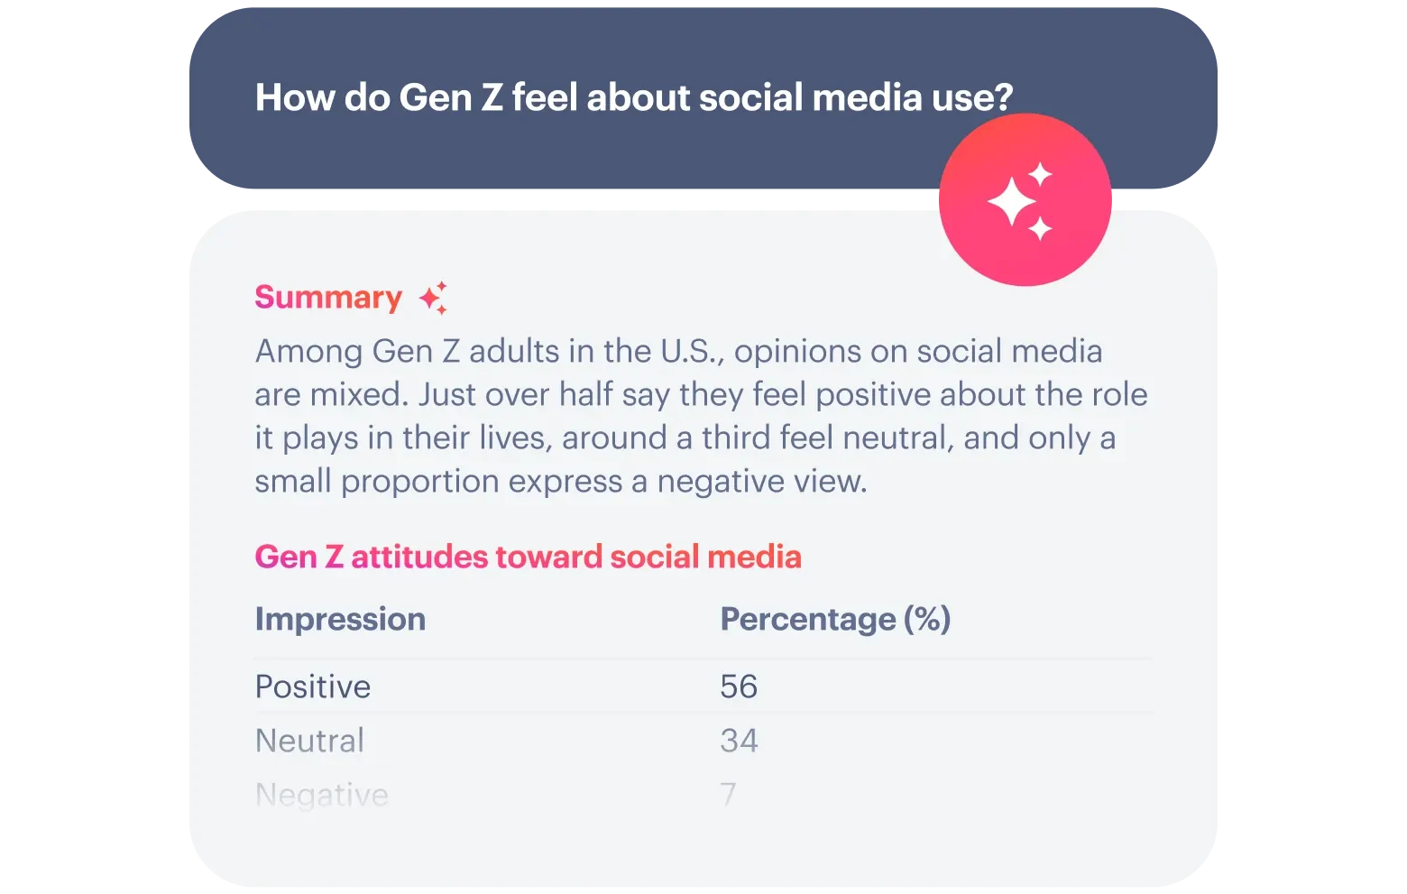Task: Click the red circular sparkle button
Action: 1025,199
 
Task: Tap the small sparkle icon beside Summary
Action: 434,298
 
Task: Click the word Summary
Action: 328,298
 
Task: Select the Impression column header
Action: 340,620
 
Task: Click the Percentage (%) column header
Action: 835,620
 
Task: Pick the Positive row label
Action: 313,686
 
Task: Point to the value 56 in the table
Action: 739,686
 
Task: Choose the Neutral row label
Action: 309,740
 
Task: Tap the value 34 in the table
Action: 740,740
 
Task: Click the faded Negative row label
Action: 322,796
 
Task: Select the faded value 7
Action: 728,795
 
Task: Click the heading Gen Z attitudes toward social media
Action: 529,558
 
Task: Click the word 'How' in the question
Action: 295,97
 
